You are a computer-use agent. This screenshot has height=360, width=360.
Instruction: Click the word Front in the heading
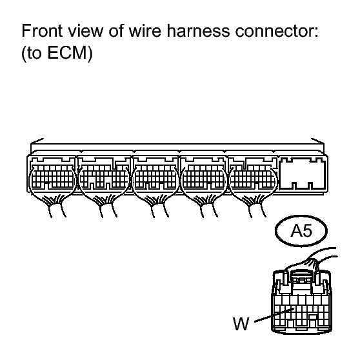[42, 30]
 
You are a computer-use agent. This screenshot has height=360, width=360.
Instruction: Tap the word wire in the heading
[145, 30]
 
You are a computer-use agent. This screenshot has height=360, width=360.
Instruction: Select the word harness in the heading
[198, 30]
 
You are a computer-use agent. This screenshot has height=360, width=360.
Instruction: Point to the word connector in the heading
[277, 30]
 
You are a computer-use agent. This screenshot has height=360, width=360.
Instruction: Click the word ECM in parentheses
[67, 52]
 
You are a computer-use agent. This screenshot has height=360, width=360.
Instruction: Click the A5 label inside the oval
[301, 230]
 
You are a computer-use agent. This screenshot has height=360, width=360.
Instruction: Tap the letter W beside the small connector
[241, 323]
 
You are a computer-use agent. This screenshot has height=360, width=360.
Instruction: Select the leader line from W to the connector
[274, 315]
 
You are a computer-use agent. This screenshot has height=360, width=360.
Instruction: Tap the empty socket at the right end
[303, 174]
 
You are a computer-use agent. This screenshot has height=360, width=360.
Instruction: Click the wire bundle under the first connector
[55, 206]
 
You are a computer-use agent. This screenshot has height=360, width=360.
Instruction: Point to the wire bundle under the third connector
[159, 206]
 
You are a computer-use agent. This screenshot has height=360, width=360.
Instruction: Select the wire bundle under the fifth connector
[256, 206]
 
